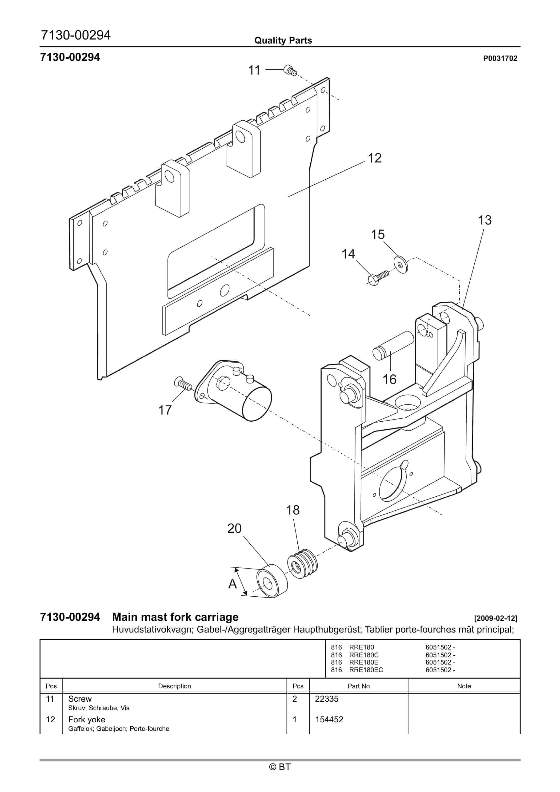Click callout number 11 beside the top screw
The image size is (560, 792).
point(254,70)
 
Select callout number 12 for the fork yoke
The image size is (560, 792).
point(375,158)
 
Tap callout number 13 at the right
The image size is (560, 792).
point(484,220)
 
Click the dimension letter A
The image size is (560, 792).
point(232,584)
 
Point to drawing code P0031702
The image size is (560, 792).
point(500,59)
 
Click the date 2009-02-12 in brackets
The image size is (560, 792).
point(496,618)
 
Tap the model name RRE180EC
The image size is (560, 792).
point(366,670)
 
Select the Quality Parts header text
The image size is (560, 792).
point(283,41)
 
